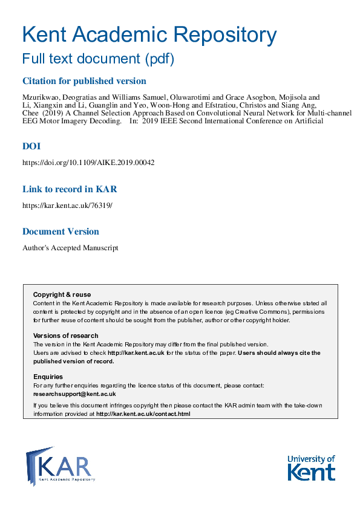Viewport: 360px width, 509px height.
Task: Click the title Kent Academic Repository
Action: tap(149, 34)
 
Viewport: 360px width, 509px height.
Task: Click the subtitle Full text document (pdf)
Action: tap(97, 59)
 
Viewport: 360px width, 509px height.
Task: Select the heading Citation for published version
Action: tap(84, 81)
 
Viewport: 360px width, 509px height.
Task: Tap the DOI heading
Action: tap(31, 146)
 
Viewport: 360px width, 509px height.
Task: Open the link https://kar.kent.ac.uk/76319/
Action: tap(67, 206)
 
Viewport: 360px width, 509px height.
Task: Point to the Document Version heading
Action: tap(61, 232)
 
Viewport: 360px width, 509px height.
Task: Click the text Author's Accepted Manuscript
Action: tap(70, 248)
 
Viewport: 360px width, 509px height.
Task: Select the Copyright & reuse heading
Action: tap(62, 294)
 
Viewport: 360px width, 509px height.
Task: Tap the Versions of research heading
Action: tap(65, 336)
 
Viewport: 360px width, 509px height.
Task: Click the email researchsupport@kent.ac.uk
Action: tap(74, 394)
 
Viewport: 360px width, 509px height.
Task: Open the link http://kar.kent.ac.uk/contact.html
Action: tap(143, 414)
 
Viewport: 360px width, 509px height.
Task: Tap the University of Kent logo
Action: tap(310, 467)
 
